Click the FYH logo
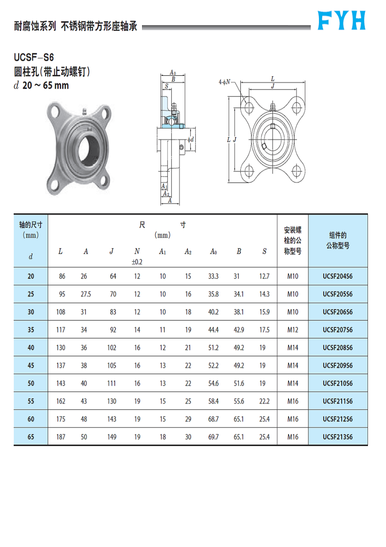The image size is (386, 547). [342, 20]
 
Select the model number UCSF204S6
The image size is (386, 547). [337, 276]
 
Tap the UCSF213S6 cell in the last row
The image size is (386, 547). [337, 437]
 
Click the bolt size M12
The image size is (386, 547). [292, 330]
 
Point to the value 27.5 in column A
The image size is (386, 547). [86, 294]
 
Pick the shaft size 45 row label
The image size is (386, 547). [30, 365]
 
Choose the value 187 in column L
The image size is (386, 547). [60, 437]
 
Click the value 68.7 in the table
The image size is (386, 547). [214, 419]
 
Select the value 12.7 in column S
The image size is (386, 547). [264, 276]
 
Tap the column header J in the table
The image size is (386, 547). [112, 251]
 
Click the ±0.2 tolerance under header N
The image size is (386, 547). [137, 262]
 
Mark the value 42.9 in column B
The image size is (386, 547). [239, 330]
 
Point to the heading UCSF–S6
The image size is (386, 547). [34, 57]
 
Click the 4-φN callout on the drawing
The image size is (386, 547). [225, 82]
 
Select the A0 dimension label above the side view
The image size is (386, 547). [173, 73]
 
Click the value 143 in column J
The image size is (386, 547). [112, 419]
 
